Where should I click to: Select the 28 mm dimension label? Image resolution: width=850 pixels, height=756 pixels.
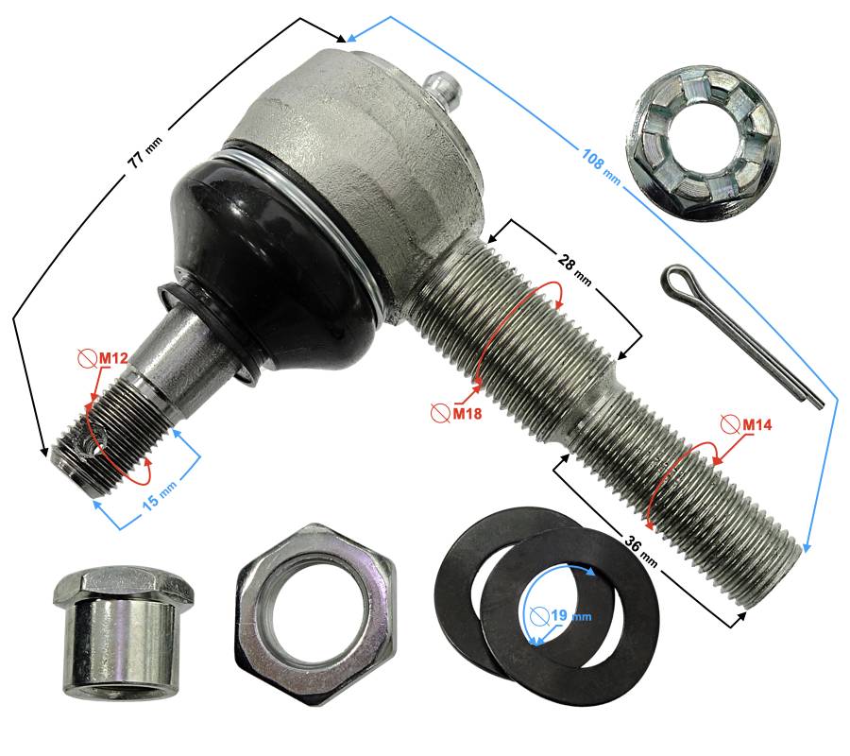[574, 269]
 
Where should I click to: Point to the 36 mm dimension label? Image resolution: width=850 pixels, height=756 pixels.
[641, 550]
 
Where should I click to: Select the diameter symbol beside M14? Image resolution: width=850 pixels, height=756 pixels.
[730, 425]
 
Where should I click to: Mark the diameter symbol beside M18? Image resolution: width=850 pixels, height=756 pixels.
[440, 414]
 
